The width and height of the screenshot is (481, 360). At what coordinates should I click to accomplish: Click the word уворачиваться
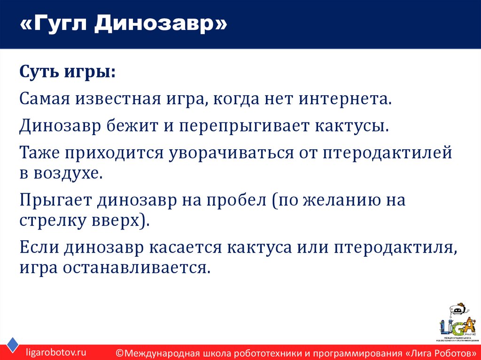239,153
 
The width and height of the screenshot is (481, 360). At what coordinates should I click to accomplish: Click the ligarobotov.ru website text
56,352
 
